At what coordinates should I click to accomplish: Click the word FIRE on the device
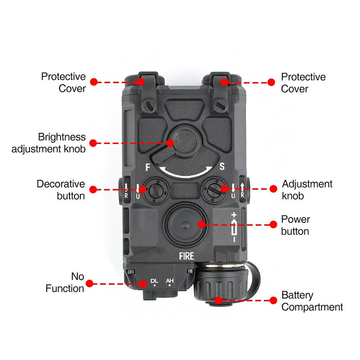(x=186, y=256)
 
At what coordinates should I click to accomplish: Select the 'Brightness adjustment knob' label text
(x=49, y=143)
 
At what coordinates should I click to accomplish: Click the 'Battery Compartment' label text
(x=312, y=301)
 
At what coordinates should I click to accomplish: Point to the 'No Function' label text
(x=65, y=282)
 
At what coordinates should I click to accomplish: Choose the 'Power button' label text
(x=295, y=225)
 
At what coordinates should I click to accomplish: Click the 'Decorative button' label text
(x=61, y=190)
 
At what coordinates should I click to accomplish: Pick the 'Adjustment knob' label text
(x=307, y=190)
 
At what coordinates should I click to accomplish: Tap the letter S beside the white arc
(x=222, y=167)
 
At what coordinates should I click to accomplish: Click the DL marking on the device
(x=154, y=282)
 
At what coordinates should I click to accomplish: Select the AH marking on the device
(x=170, y=282)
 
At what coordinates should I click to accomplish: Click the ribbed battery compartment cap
(x=218, y=286)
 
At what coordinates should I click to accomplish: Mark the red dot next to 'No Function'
(x=89, y=283)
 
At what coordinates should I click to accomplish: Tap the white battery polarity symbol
(x=234, y=227)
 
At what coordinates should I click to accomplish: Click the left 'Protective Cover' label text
(x=63, y=82)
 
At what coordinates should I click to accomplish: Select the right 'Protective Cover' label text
(x=303, y=83)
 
